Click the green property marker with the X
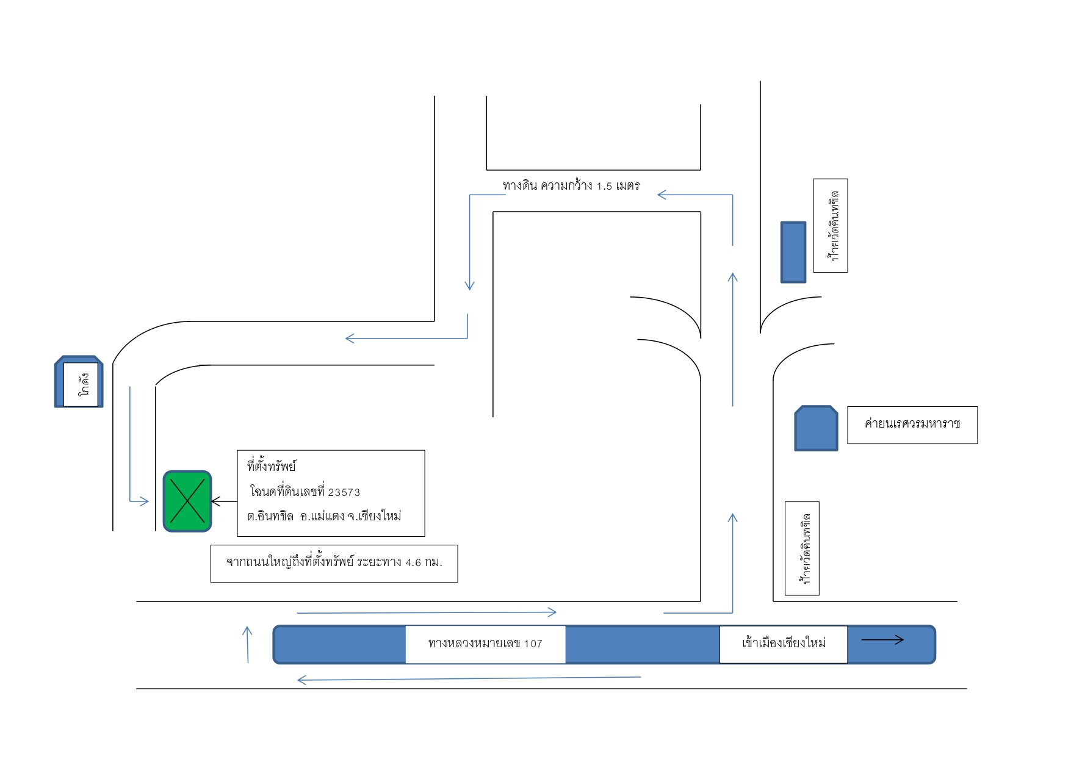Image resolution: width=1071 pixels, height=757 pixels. click(x=187, y=501)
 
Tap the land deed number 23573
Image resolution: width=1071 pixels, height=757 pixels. click(x=344, y=492)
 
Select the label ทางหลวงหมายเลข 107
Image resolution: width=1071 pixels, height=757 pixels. click(x=485, y=644)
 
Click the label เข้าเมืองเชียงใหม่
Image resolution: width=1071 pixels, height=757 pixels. click(x=784, y=643)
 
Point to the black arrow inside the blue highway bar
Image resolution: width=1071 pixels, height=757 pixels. click(x=882, y=640)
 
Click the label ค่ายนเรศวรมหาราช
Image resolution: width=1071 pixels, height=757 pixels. click(x=912, y=423)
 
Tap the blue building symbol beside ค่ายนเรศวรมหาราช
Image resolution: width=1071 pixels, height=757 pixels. click(x=816, y=428)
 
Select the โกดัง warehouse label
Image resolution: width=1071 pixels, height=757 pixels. click(x=84, y=384)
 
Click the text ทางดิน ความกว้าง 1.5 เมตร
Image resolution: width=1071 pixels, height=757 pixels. click(x=571, y=185)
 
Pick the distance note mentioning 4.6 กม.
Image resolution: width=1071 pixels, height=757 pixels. click(x=334, y=562)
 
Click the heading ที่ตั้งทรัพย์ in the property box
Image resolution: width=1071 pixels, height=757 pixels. click(x=271, y=466)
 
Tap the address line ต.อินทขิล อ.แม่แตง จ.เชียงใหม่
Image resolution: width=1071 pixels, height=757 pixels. click(x=324, y=516)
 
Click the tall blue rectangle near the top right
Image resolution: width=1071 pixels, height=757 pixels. click(x=793, y=252)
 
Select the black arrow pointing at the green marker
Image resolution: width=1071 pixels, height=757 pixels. click(x=224, y=501)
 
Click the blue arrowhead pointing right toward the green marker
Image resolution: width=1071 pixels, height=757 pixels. click(x=144, y=501)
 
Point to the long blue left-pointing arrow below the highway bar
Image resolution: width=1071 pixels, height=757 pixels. click(x=469, y=678)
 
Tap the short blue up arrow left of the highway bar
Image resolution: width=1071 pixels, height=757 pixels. click(x=247, y=644)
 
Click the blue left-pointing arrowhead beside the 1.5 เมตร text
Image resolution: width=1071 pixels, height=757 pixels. click(x=662, y=195)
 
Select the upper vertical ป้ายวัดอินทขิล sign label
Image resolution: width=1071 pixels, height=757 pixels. click(x=831, y=226)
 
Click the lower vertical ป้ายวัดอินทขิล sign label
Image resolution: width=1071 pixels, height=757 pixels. click(x=802, y=548)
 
